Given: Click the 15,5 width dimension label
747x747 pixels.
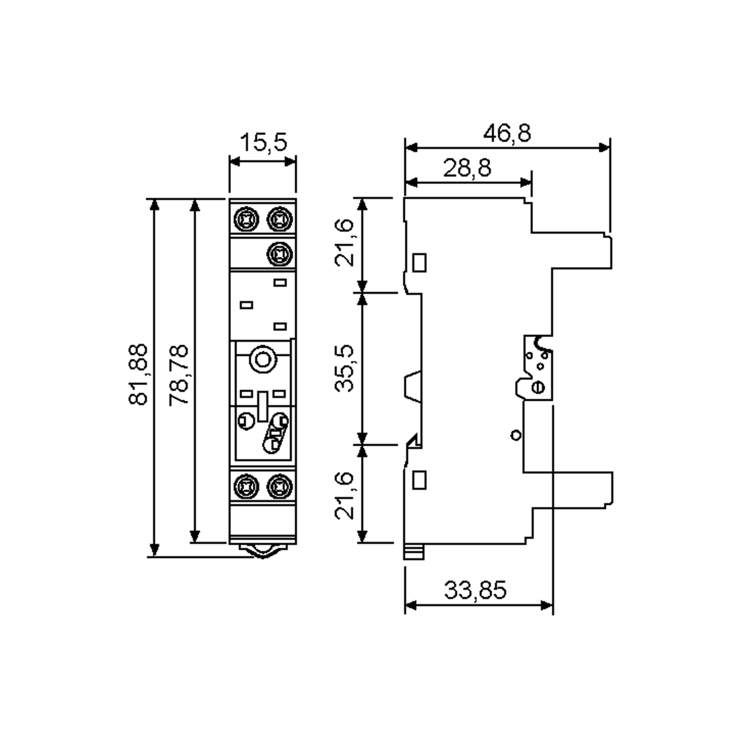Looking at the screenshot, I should point(264,142).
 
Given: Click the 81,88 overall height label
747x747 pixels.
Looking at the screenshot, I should point(138,374).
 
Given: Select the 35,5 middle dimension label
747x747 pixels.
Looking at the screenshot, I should point(344,368).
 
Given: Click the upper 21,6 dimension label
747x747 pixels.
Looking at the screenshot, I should point(344,243).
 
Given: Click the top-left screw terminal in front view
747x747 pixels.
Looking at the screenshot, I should point(246,219).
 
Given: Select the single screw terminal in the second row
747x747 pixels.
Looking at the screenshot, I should point(280,254).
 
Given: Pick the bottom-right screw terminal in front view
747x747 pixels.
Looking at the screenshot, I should point(280,486).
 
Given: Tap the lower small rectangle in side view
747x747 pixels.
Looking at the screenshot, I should point(420,480).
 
